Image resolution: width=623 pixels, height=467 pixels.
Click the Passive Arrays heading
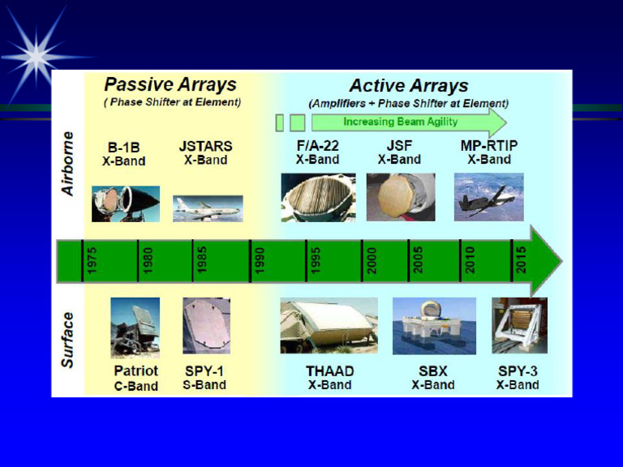click(x=170, y=84)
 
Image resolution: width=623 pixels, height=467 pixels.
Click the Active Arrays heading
click(x=409, y=85)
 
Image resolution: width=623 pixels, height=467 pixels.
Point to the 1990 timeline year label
click(x=260, y=260)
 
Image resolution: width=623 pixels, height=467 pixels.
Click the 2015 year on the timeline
click(x=521, y=260)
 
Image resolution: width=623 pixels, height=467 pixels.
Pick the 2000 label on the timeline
click(x=372, y=260)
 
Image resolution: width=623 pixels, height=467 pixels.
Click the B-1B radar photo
click(x=126, y=204)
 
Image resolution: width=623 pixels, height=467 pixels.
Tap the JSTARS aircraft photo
click(x=208, y=208)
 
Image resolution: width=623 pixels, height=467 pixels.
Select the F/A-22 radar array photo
click(x=318, y=197)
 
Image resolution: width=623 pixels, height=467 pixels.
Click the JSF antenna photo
click(x=400, y=197)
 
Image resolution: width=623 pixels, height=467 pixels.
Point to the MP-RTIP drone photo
click(x=488, y=197)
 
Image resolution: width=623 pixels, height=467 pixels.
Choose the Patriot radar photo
click(x=135, y=328)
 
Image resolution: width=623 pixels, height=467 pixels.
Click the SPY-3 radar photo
click(x=519, y=325)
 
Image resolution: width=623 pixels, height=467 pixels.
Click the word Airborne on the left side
click(x=69, y=163)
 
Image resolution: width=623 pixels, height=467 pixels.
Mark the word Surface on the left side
click(x=69, y=339)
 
